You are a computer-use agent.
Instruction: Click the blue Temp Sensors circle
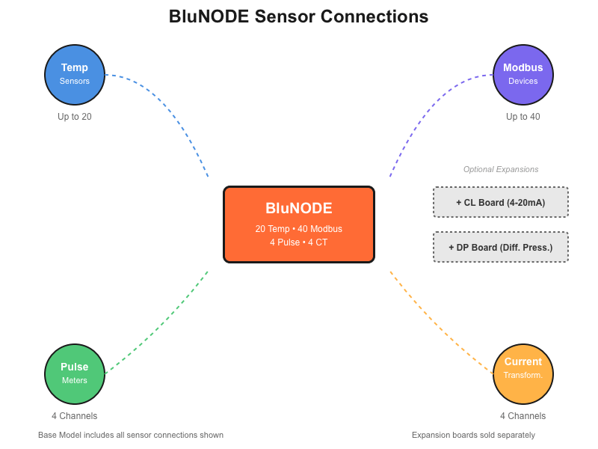pyautogui.click(x=75, y=74)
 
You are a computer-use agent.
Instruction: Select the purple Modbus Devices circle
pyautogui.click(x=523, y=74)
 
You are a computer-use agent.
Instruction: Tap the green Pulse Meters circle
pyautogui.click(x=75, y=373)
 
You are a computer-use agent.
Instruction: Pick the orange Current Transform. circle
pyautogui.click(x=523, y=373)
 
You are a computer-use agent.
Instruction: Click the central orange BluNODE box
pyautogui.click(x=299, y=224)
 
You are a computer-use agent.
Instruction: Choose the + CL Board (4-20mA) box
pyautogui.click(x=501, y=202)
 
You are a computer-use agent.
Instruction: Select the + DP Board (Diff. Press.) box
pyautogui.click(x=501, y=247)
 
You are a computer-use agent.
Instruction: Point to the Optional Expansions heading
pyautogui.click(x=501, y=169)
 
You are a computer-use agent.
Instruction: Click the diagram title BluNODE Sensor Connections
pyautogui.click(x=299, y=16)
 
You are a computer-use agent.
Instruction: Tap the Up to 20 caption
pyautogui.click(x=75, y=117)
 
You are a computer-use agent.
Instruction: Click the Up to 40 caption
pyautogui.click(x=523, y=117)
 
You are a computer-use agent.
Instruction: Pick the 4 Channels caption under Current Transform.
pyautogui.click(x=523, y=416)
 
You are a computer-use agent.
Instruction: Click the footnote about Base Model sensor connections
pyautogui.click(x=131, y=435)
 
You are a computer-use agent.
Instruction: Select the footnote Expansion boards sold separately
pyautogui.click(x=473, y=435)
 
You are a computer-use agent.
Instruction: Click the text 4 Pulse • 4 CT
pyautogui.click(x=299, y=242)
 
